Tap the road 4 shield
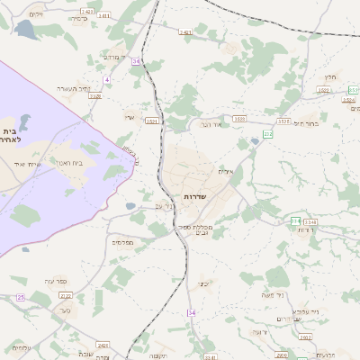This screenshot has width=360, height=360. pos(105,80)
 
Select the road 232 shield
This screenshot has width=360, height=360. pos(267,133)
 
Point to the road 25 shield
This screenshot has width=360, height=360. pos(71,309)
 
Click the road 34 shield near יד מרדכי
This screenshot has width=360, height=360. pos(137,61)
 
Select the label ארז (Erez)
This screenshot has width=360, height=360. pos(129,117)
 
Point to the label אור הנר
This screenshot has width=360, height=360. pos(211,124)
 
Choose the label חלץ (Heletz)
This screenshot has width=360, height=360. pos(329,77)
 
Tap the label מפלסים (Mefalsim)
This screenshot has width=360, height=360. pos(122,242)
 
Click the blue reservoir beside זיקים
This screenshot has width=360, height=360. pos(23,31)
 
